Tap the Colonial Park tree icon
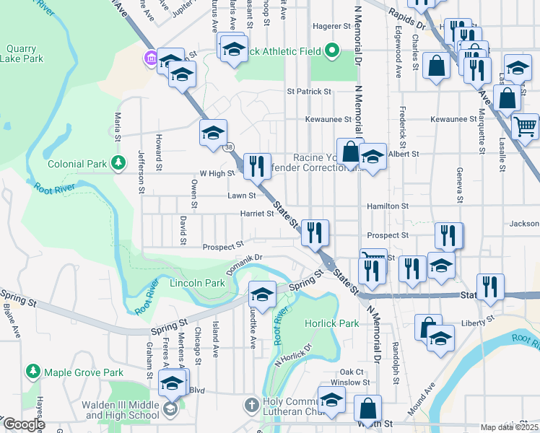coord(118,164)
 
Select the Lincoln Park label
coord(197,284)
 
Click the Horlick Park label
coord(331,323)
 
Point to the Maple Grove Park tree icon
coord(32,372)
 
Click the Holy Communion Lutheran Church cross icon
coord(251,404)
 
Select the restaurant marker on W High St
coord(256,166)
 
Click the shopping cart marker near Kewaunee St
coord(525,126)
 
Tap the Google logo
coord(23,424)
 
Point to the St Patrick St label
coord(308,92)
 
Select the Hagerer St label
coord(331,26)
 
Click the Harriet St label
coord(256,214)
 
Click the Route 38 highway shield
coord(228,147)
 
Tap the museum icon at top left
coord(150,58)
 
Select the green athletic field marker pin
coord(332,50)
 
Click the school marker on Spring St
coord(263,294)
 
